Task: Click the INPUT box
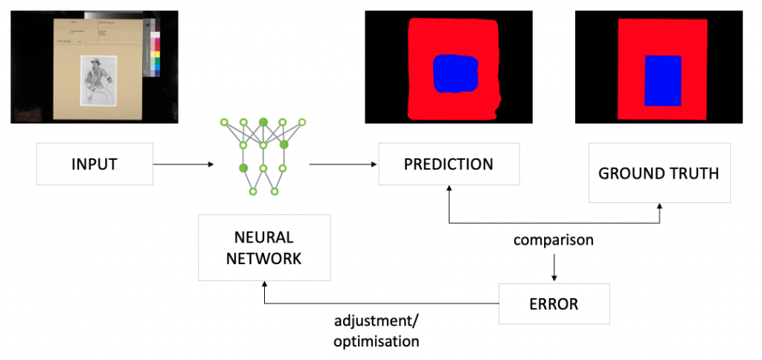tap(95, 164)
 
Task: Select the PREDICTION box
tap(448, 164)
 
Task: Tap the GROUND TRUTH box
tap(659, 173)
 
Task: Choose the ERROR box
tap(554, 303)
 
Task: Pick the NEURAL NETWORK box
tap(264, 248)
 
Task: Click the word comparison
tap(553, 241)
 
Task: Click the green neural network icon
tap(263, 155)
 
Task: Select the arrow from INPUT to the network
tap(182, 164)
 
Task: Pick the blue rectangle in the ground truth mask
tap(662, 80)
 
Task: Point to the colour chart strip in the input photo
tap(155, 54)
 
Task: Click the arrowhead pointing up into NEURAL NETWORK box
tap(264, 286)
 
